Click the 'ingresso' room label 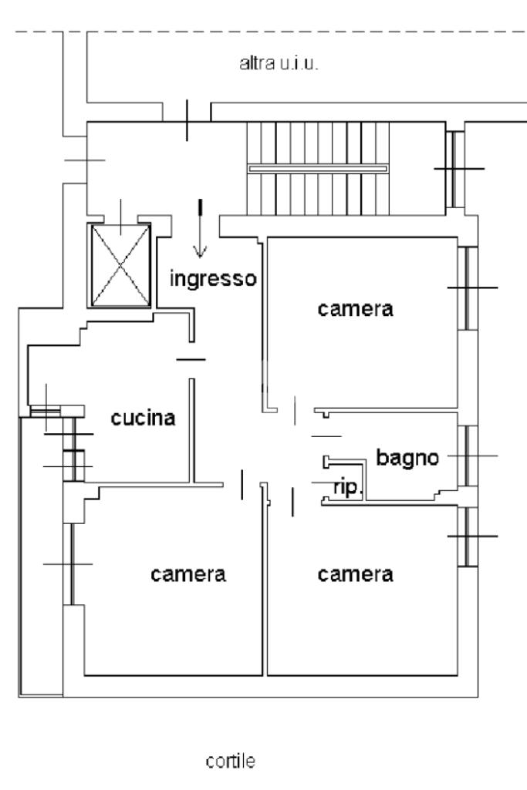click(213, 279)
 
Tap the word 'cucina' click(143, 419)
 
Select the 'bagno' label click(407, 458)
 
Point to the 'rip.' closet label click(348, 487)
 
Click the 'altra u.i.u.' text click(279, 63)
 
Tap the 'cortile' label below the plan click(231, 761)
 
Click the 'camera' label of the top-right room click(355, 309)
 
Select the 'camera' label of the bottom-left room click(188, 574)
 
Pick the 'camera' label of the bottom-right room click(355, 574)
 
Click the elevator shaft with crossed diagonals click(120, 265)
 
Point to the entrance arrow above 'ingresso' click(200, 229)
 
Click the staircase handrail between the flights click(318, 169)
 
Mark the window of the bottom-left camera click(71, 563)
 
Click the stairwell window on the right click(455, 169)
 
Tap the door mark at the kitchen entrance click(191, 360)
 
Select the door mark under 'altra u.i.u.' click(187, 120)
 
